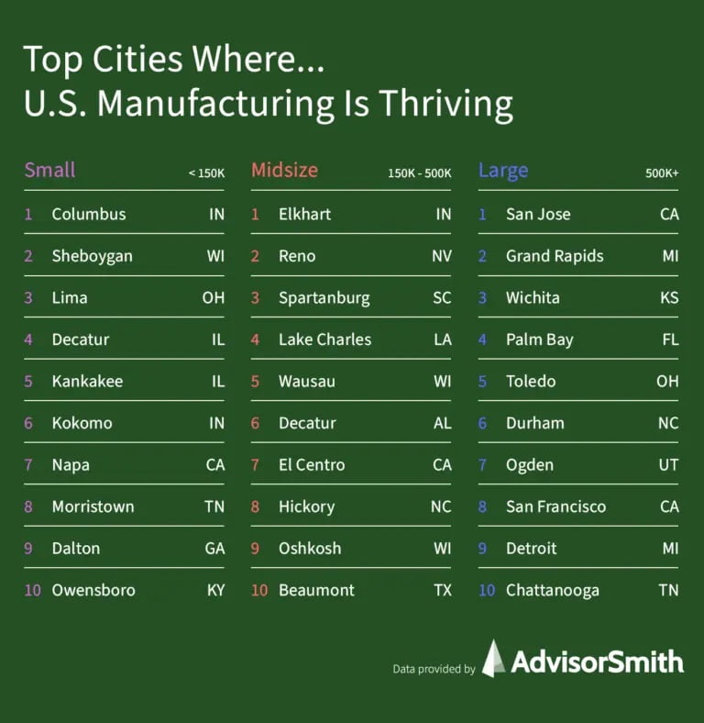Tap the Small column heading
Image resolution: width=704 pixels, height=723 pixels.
pyautogui.click(x=49, y=170)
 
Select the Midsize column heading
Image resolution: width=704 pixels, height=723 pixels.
pyautogui.click(x=284, y=170)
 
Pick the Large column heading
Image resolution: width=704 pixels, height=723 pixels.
pyautogui.click(x=503, y=170)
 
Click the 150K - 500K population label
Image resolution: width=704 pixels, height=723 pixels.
pyautogui.click(x=420, y=172)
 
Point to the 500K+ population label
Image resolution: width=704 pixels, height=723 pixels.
pyautogui.click(x=662, y=172)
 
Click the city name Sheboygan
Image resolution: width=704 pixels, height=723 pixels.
pyautogui.click(x=92, y=256)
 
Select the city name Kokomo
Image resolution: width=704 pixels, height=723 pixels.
pyautogui.click(x=82, y=423)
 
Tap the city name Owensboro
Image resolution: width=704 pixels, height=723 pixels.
pyautogui.click(x=93, y=590)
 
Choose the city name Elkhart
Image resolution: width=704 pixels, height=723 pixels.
pyautogui.click(x=304, y=214)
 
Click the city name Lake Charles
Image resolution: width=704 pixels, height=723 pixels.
pyautogui.click(x=324, y=339)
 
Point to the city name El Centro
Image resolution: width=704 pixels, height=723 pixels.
pyautogui.click(x=312, y=464)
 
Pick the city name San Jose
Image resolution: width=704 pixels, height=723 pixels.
pyautogui.click(x=538, y=214)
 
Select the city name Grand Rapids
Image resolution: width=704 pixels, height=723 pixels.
pyautogui.click(x=555, y=256)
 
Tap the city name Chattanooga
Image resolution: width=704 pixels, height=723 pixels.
pyautogui.click(x=552, y=590)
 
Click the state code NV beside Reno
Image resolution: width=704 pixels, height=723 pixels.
pyautogui.click(x=442, y=256)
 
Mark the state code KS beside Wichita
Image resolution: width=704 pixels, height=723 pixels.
pyautogui.click(x=668, y=297)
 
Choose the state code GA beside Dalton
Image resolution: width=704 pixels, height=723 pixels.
pyautogui.click(x=215, y=548)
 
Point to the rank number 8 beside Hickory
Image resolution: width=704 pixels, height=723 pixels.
pyautogui.click(x=256, y=506)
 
